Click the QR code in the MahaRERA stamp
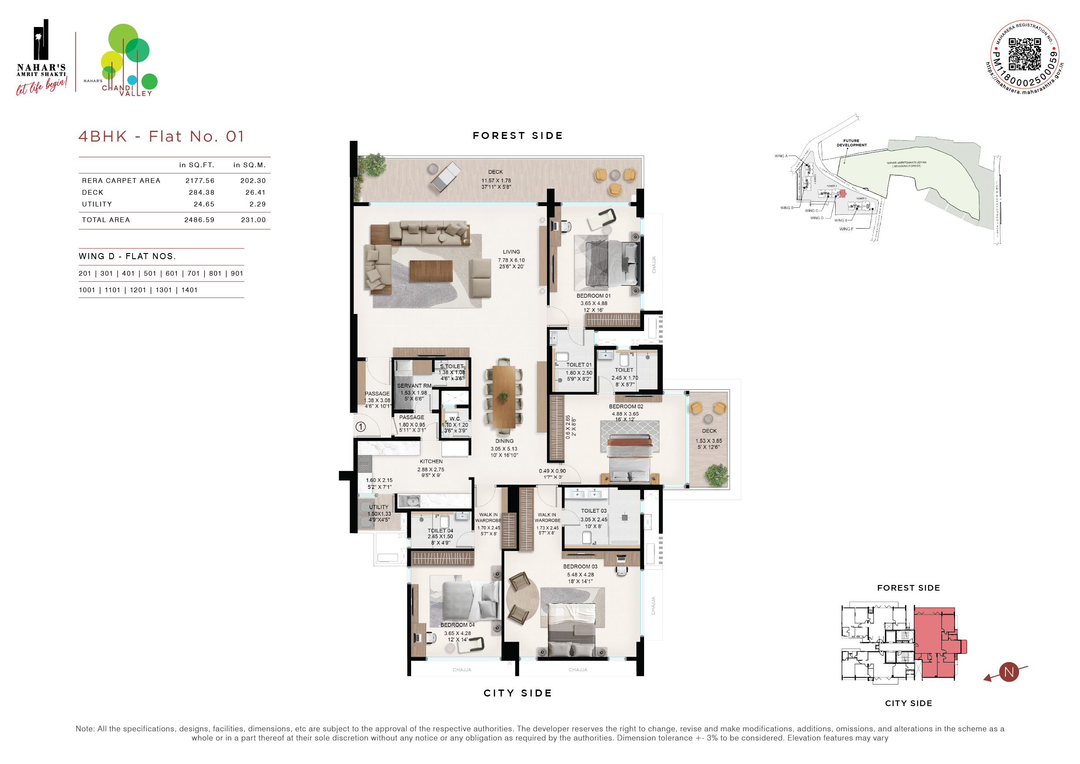click(1025, 54)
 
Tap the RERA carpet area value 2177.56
click(199, 181)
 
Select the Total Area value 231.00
click(253, 220)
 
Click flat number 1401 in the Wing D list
click(189, 290)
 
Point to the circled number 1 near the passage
click(361, 427)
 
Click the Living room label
click(511, 252)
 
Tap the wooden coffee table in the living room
click(431, 271)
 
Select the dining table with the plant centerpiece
click(504, 396)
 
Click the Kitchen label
click(431, 462)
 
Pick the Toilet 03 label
click(594, 510)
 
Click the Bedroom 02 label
click(626, 406)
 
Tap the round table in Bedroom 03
click(522, 598)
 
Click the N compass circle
click(1009, 672)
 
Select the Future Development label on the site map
click(851, 142)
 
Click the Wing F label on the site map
click(846, 229)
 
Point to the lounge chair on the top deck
click(445, 177)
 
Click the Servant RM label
click(414, 386)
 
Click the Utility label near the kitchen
click(379, 507)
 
